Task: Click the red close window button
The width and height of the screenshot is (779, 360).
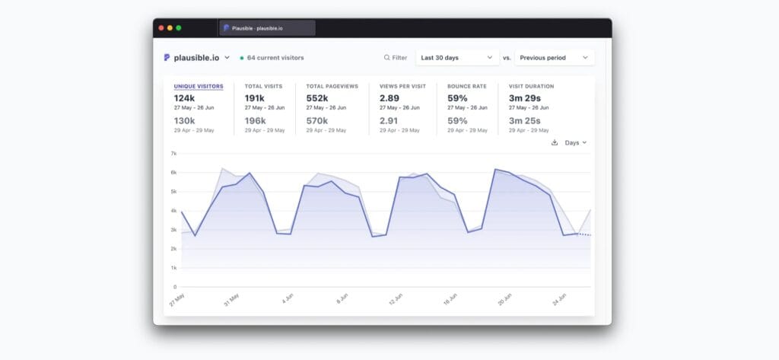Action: point(161,28)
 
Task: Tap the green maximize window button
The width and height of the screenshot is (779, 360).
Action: point(179,28)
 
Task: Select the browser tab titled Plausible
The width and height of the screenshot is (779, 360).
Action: point(267,28)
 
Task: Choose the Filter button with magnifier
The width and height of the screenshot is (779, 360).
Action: point(396,57)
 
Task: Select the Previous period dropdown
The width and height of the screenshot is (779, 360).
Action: point(554,57)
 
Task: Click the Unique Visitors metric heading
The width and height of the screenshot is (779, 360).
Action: point(199,86)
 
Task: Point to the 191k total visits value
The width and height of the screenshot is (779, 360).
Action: point(255,98)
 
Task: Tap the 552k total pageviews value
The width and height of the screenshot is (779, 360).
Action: point(317,98)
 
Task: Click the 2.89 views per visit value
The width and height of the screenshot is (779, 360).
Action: point(389,98)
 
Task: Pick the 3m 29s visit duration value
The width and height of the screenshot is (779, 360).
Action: point(524,98)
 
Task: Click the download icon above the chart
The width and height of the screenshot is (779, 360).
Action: point(555,142)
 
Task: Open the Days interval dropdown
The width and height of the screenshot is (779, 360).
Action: point(575,142)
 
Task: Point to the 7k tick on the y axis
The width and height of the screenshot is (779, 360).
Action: point(173,154)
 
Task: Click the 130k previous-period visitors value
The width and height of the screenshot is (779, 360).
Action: point(184,120)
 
